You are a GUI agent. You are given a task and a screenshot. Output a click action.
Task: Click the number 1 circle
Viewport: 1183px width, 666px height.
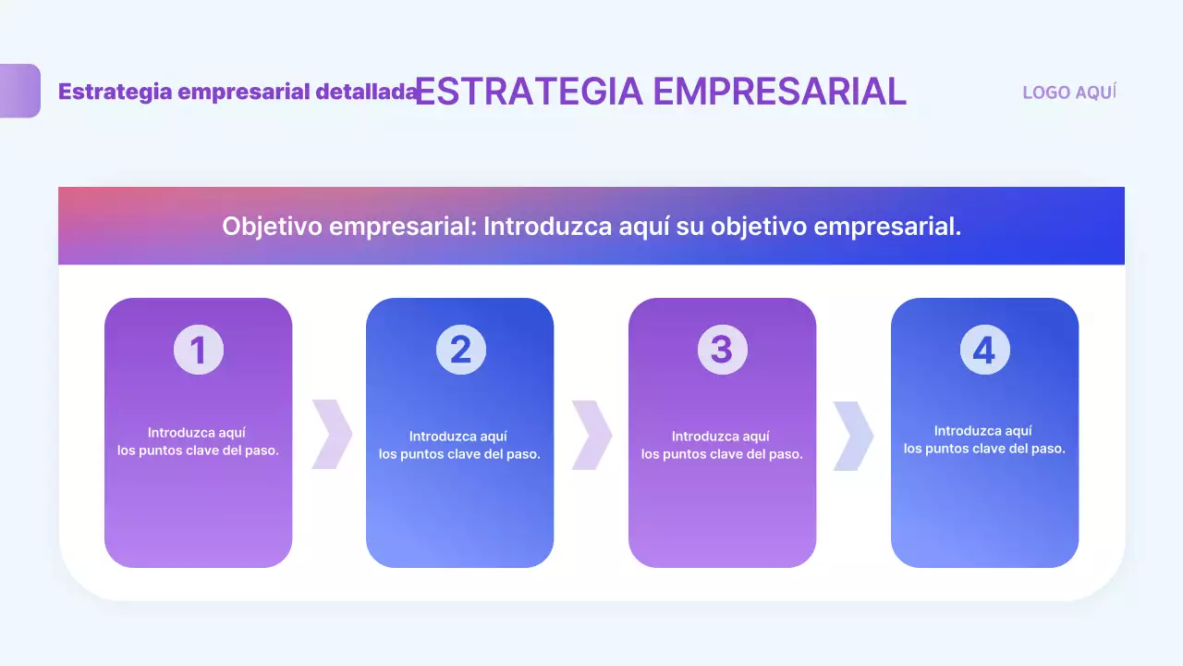click(x=198, y=351)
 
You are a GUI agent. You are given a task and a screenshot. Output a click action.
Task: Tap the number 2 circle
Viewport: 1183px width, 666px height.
click(x=460, y=351)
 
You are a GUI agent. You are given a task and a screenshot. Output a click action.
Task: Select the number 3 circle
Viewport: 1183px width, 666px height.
click(x=722, y=351)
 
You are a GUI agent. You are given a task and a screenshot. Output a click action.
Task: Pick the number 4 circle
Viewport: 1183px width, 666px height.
click(x=984, y=351)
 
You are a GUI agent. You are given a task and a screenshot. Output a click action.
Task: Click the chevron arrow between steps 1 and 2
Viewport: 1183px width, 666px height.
click(x=331, y=434)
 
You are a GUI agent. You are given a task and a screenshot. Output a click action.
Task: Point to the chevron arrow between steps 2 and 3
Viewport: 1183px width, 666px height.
click(x=591, y=435)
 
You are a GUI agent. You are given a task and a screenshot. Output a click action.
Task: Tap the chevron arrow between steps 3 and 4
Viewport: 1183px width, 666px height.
click(x=853, y=435)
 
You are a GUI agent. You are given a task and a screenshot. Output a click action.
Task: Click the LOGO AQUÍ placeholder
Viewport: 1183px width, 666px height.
click(x=1069, y=92)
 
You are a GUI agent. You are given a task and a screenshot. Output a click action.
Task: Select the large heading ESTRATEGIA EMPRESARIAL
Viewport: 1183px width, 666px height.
click(x=660, y=92)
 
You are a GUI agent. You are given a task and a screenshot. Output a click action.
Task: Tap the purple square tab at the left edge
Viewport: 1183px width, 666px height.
click(x=19, y=91)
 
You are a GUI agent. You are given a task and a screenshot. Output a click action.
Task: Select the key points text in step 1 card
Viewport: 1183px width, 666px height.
click(x=198, y=442)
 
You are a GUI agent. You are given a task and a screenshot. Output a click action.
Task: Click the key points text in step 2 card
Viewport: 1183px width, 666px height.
click(x=459, y=445)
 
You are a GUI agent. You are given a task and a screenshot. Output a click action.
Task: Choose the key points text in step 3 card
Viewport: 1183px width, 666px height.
click(x=722, y=445)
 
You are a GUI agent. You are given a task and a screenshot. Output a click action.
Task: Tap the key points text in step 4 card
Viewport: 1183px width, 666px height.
click(x=984, y=439)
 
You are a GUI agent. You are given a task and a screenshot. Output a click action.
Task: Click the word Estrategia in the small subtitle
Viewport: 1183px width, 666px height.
click(x=115, y=92)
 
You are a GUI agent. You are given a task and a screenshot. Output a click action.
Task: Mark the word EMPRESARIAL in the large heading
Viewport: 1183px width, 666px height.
click(x=779, y=92)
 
